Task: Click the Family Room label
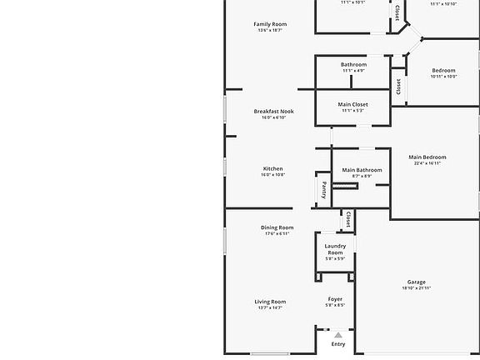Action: [270, 24]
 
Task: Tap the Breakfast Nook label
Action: [273, 111]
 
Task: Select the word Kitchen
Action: [273, 168]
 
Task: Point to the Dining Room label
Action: [277, 227]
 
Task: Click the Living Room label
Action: [270, 302]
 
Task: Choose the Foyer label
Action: [335, 299]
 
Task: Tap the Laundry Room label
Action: [335, 249]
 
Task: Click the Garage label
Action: [417, 282]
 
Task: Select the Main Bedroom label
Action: [427, 157]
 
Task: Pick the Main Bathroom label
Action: [362, 170]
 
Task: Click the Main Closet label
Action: [353, 104]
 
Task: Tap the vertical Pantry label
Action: [324, 189]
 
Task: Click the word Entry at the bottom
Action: [338, 344]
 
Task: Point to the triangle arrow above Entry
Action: [338, 335]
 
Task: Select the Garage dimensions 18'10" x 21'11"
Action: [417, 288]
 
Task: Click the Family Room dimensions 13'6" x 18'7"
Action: [270, 31]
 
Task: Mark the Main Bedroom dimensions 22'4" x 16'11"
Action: [427, 163]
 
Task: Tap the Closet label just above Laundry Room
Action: [347, 220]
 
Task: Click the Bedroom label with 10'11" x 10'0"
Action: [443, 70]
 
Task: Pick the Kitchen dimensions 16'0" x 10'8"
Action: [273, 175]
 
